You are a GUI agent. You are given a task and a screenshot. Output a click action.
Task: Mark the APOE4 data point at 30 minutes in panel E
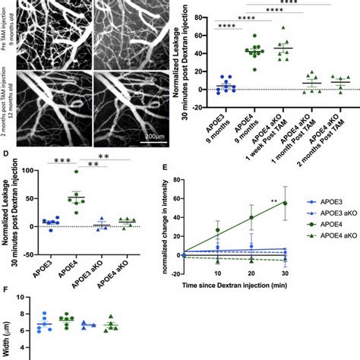(x=286, y=203)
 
